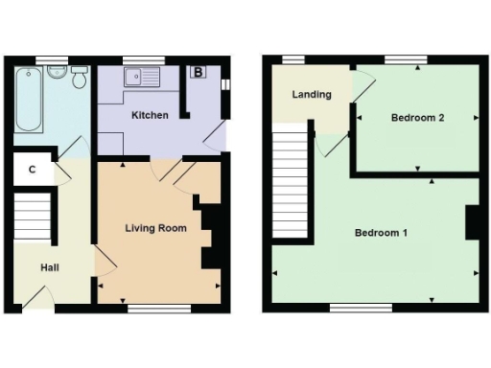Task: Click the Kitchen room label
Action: pos(151,115)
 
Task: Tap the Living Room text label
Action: pos(154,228)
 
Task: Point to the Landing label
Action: pos(313,95)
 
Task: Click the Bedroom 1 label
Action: pos(382,233)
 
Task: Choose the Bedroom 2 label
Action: pos(418,118)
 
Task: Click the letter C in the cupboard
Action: pos(33,170)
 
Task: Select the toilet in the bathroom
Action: pos(79,77)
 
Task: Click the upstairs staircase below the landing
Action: pos(289,182)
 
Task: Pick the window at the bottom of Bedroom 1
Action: pos(361,308)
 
